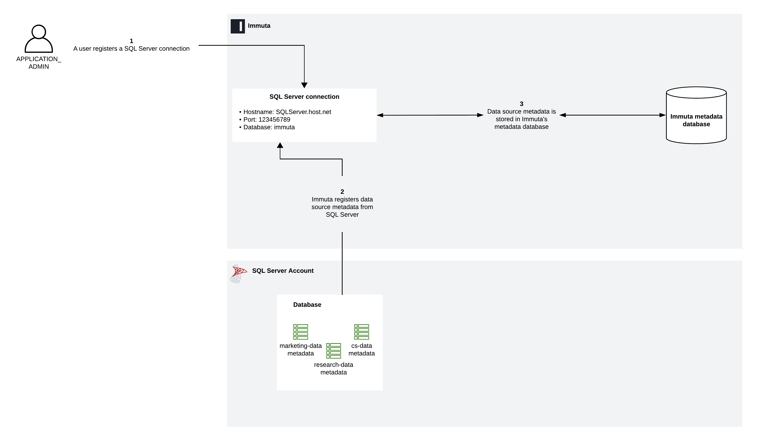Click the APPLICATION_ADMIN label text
[x=39, y=63]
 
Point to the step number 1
[x=131, y=41]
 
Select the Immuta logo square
[x=238, y=26]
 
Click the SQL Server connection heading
[x=304, y=97]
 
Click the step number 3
[x=521, y=104]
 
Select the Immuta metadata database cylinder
[x=696, y=116]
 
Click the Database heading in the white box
[x=307, y=305]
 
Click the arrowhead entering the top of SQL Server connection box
[x=304, y=85]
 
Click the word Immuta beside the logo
[x=259, y=26]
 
